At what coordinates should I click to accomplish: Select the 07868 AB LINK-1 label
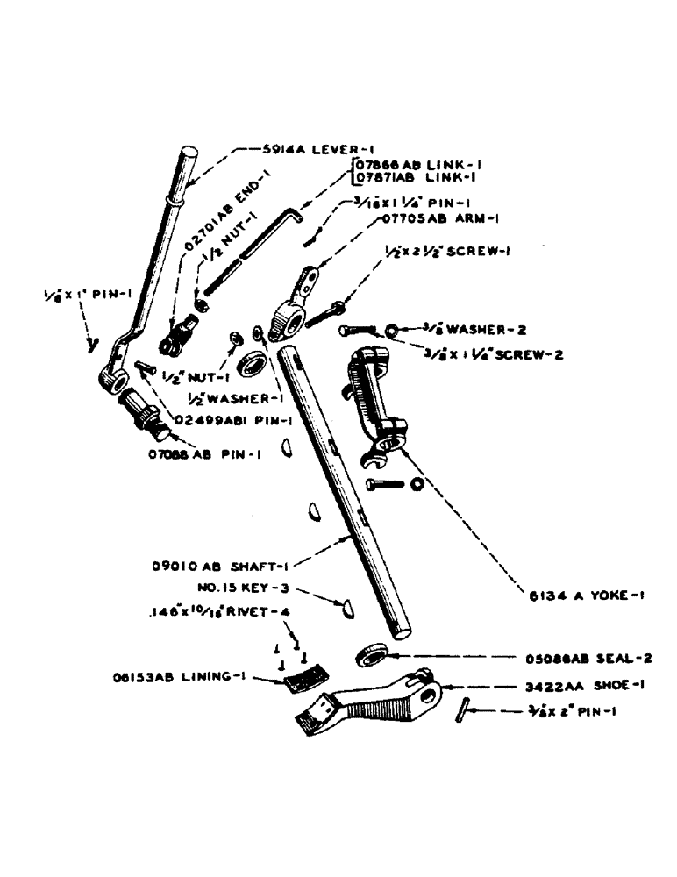click(417, 164)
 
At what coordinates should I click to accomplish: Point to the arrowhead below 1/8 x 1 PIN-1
click(90, 346)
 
